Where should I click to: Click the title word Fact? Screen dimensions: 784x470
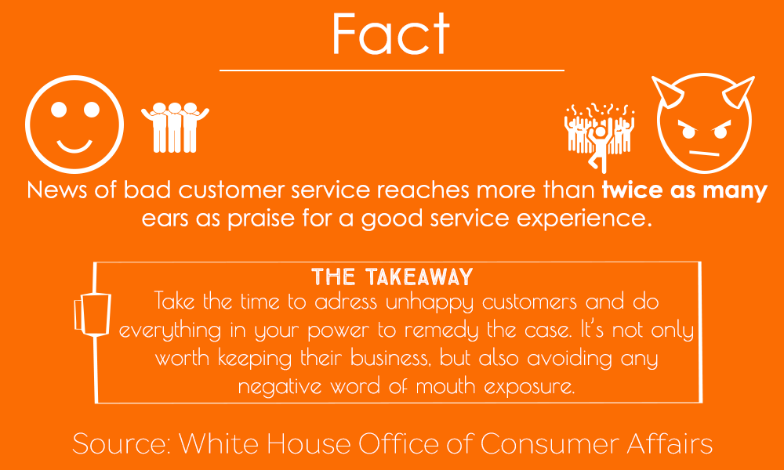[x=391, y=33]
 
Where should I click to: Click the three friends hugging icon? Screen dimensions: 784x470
[x=175, y=128]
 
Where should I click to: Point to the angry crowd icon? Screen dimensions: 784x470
[x=600, y=136]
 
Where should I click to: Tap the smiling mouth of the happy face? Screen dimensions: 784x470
[x=74, y=146]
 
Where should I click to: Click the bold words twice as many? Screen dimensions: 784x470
[x=684, y=191]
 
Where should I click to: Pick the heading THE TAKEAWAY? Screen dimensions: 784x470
[x=392, y=277]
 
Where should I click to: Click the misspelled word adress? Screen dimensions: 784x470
[x=343, y=302]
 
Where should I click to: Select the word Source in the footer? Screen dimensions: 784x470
[x=122, y=443]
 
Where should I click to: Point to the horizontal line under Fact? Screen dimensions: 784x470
[x=392, y=70]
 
